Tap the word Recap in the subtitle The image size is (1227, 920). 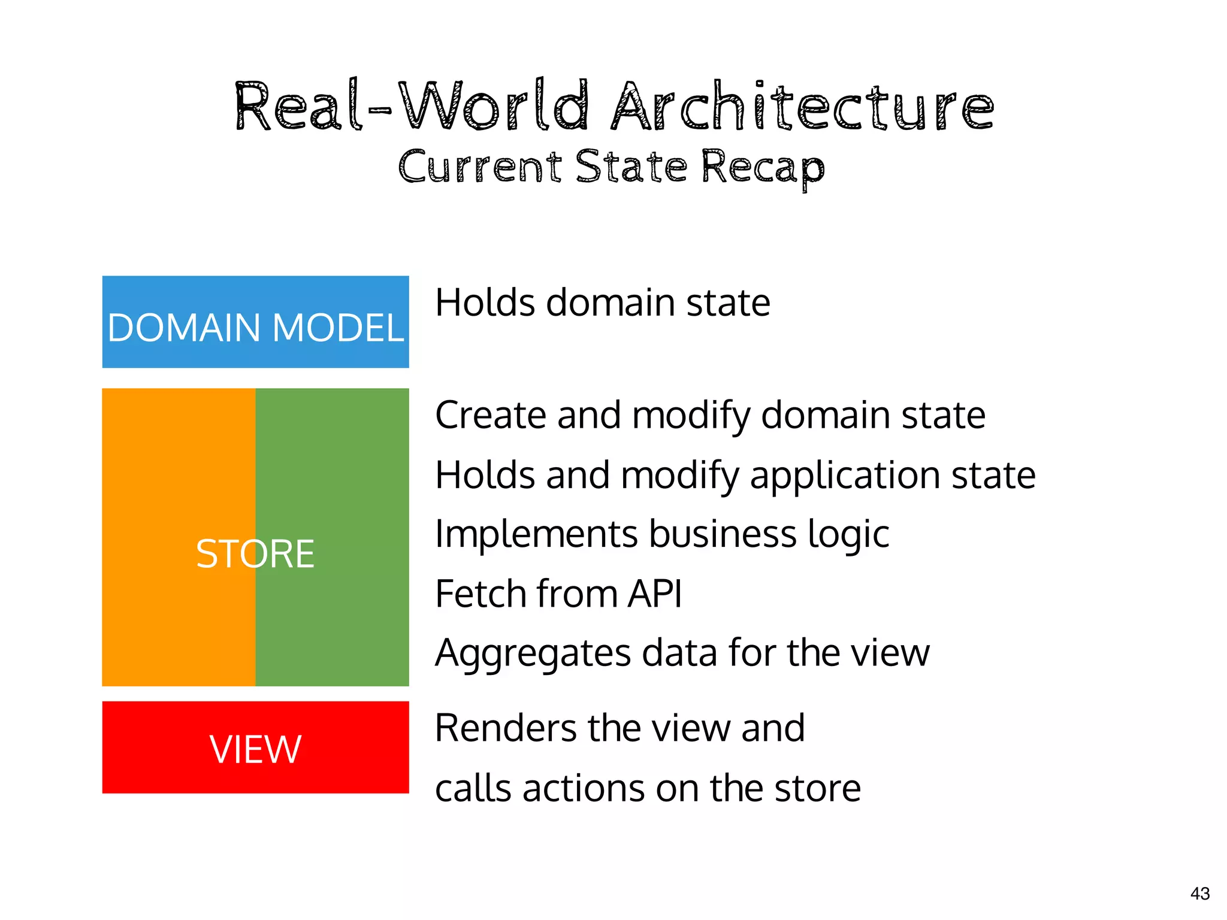pos(763,168)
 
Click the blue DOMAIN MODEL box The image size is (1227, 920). pos(255,322)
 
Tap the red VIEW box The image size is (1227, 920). pos(255,747)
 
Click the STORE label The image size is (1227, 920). pos(255,553)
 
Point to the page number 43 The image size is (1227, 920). pos(1200,894)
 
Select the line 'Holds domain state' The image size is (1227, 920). pos(603,302)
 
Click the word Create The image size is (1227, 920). pos(491,415)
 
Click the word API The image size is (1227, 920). pos(654,594)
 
